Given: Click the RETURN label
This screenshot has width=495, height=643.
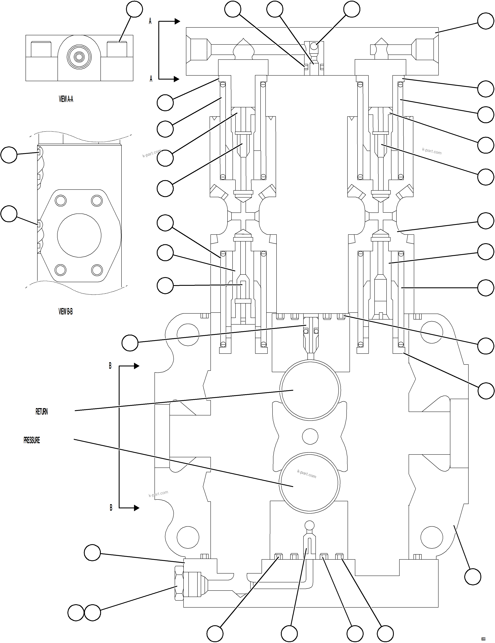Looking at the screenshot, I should tap(42, 412).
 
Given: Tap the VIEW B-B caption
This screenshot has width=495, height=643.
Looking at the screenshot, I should tap(65, 312).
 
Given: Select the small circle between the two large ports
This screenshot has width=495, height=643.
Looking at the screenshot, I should tap(310, 436).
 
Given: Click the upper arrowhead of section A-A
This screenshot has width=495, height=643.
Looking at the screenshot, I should tap(177, 21).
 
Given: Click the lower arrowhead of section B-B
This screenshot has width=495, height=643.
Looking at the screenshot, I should tap(136, 508).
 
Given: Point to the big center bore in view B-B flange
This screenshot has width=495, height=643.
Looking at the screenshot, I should tap(79, 236).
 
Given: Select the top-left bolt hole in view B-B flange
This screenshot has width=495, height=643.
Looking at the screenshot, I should tap(61, 201).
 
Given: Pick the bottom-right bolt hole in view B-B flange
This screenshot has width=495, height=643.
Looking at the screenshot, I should tap(97, 270).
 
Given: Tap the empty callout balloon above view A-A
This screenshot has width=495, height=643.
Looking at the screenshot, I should tap(134, 9).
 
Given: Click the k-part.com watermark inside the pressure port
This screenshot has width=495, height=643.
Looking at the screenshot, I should tap(307, 474).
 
